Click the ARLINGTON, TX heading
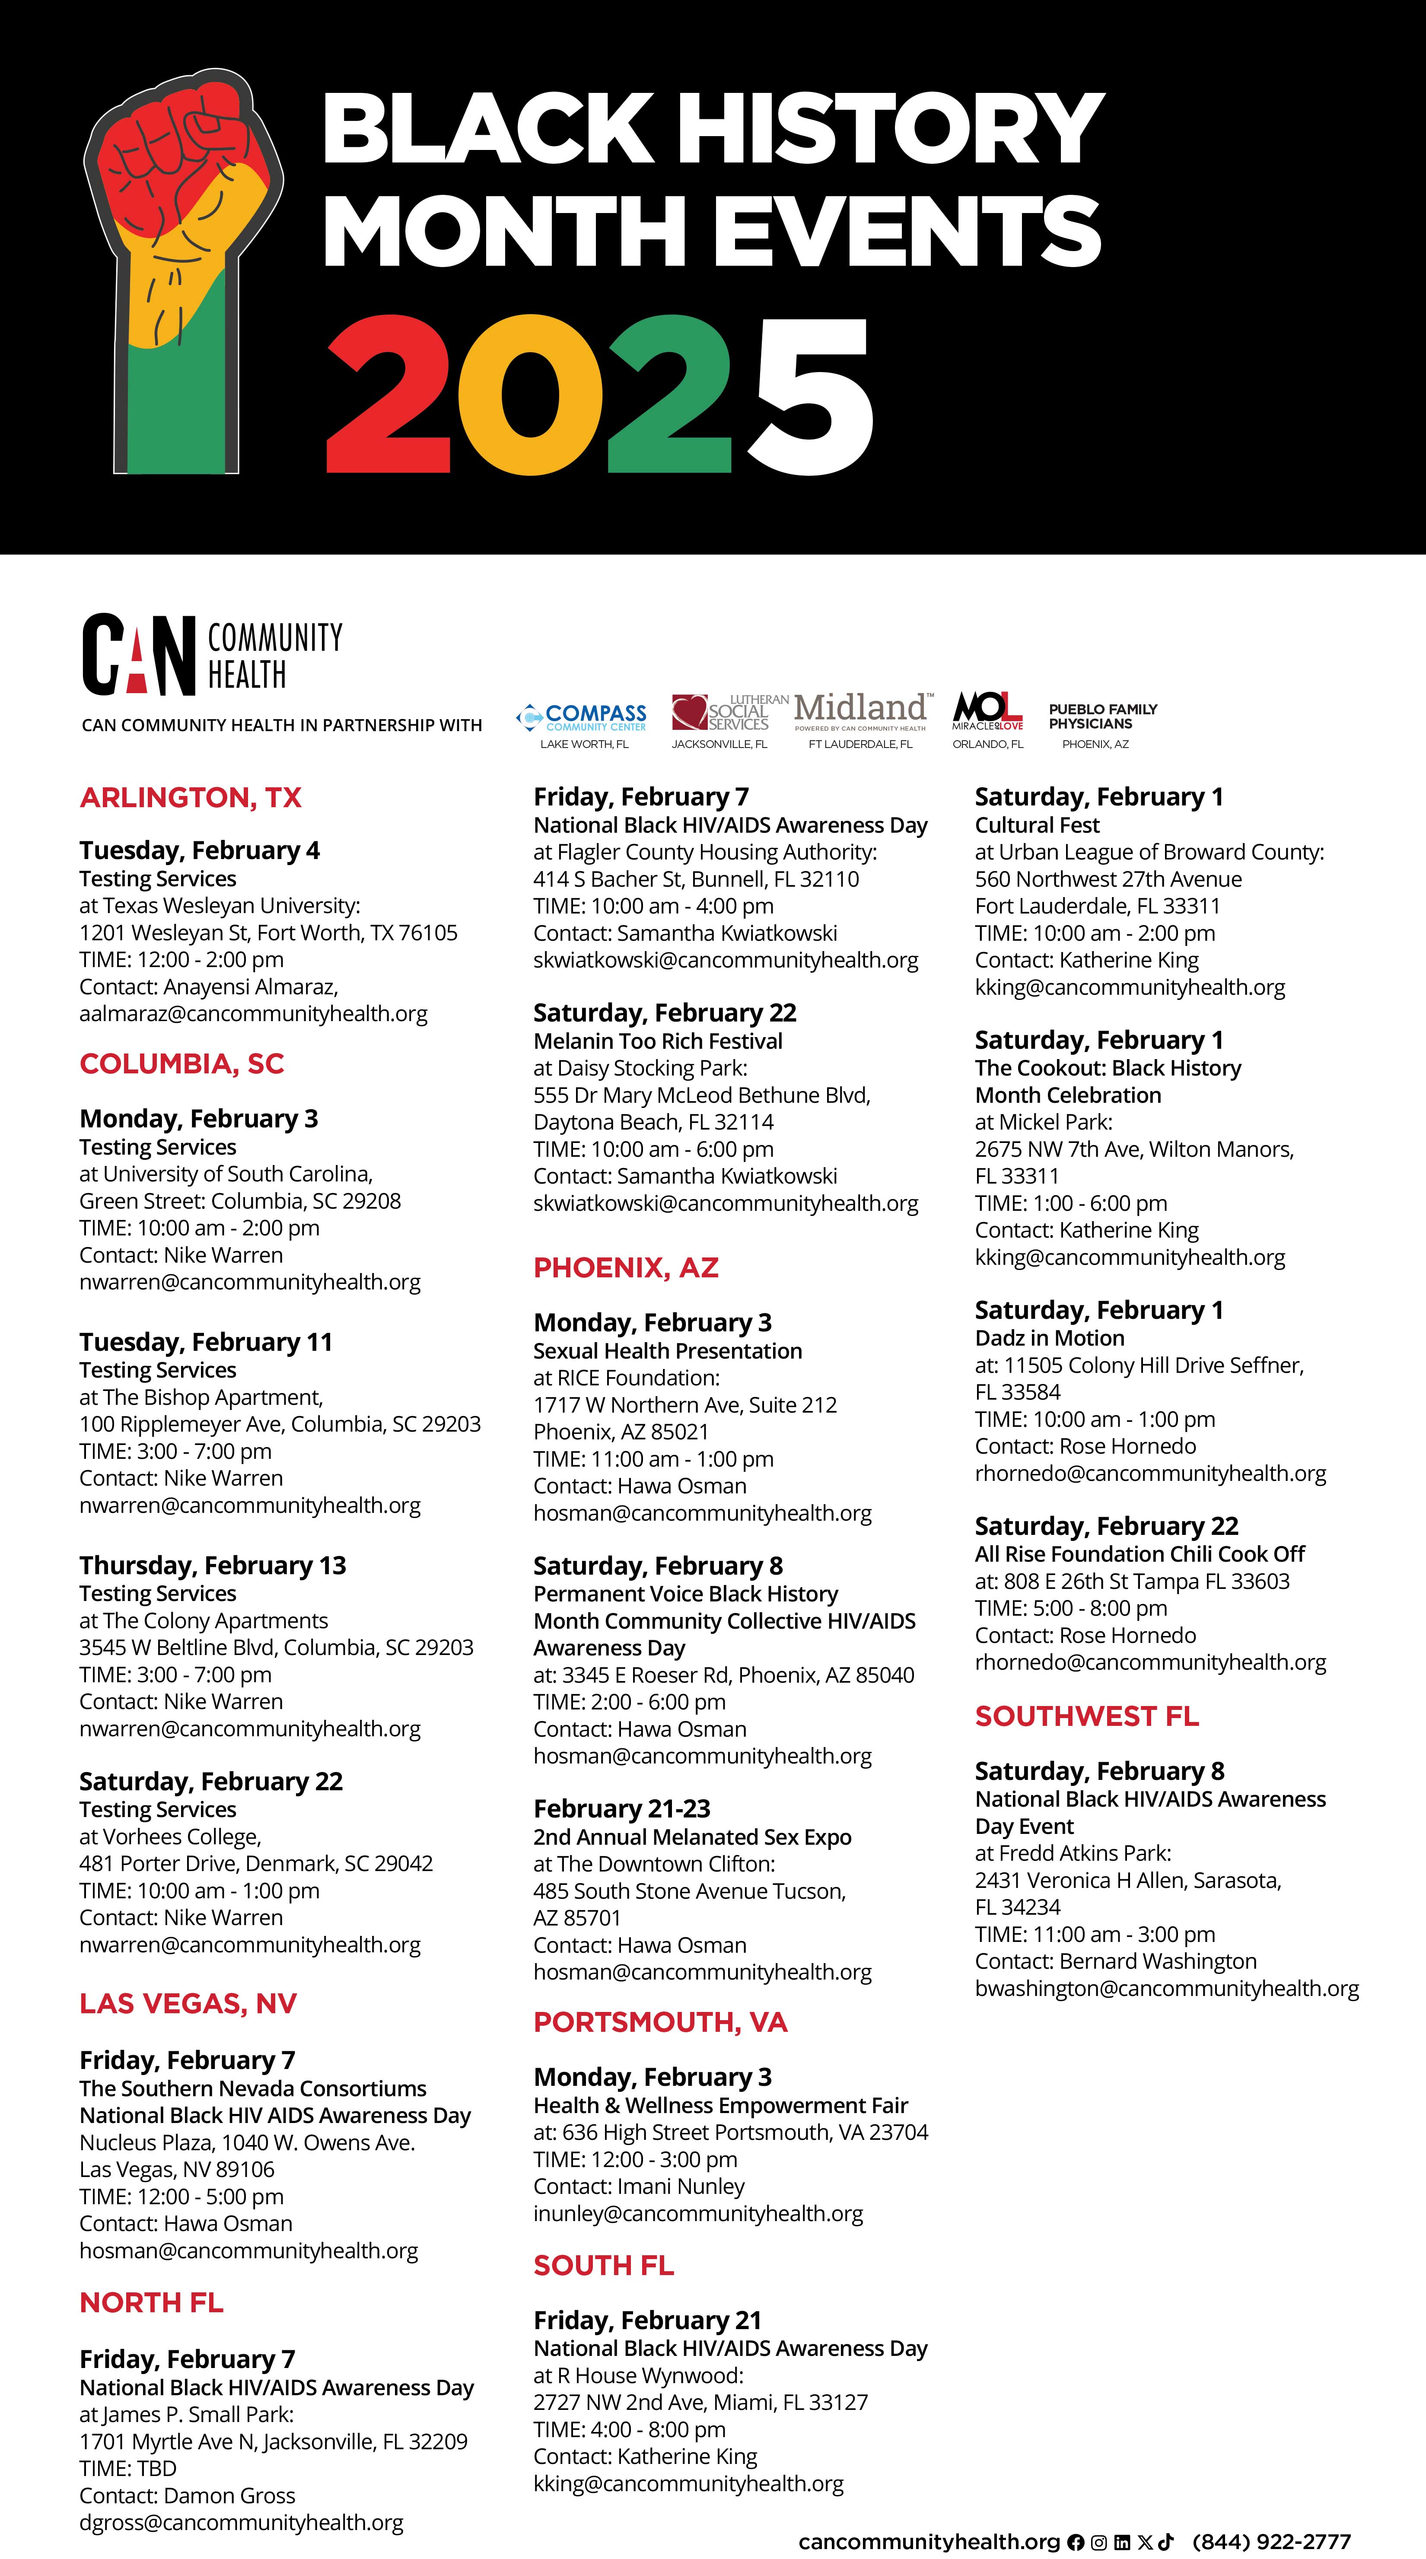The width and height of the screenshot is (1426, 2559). coord(190,798)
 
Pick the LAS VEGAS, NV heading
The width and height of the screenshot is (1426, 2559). coord(188,2004)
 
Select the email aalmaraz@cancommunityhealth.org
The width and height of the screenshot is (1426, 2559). coord(253,1014)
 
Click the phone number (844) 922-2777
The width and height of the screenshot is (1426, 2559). coord(1271,2541)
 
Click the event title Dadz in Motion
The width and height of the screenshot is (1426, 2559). coord(1049,1338)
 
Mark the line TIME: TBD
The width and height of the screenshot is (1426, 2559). coord(128,2469)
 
